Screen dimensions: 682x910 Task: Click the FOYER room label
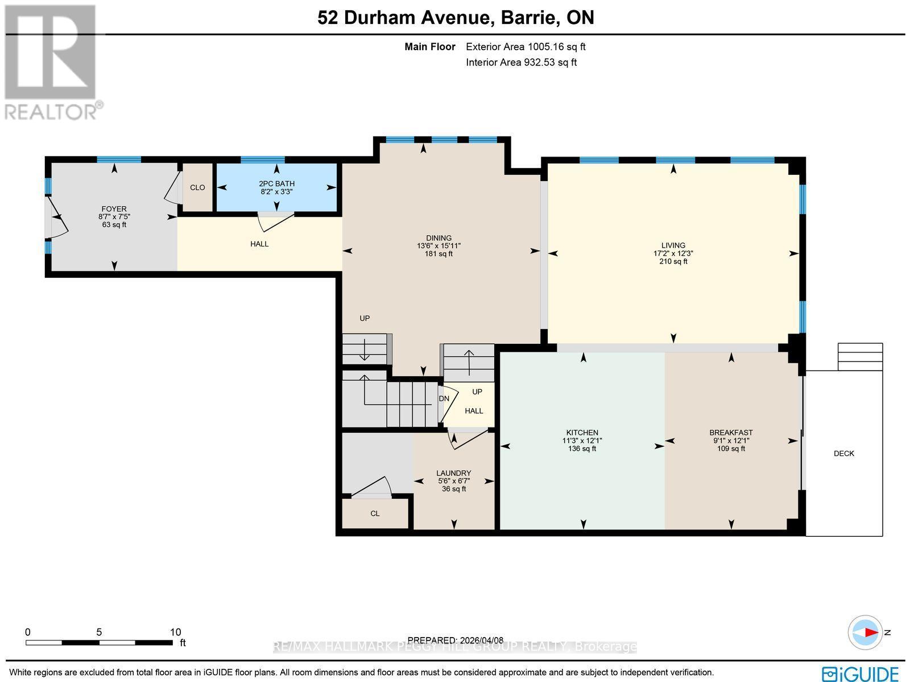pos(112,209)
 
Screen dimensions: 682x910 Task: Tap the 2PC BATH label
pos(276,184)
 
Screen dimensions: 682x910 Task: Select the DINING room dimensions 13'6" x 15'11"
pos(439,246)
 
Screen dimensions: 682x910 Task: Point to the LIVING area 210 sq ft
pos(673,262)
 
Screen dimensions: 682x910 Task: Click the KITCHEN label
pos(582,433)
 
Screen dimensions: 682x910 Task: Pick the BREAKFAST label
pos(731,433)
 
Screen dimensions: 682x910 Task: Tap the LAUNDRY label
pos(453,473)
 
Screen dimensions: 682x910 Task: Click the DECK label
pos(844,454)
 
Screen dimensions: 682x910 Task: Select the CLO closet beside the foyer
pos(197,188)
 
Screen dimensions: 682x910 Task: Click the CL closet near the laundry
pos(375,513)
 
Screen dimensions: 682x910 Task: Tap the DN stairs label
pos(444,398)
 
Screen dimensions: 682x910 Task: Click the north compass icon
pos(865,632)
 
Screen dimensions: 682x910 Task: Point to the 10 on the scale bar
pos(175,632)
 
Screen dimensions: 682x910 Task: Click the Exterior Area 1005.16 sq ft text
pos(526,47)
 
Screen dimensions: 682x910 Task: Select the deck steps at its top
pos(861,356)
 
